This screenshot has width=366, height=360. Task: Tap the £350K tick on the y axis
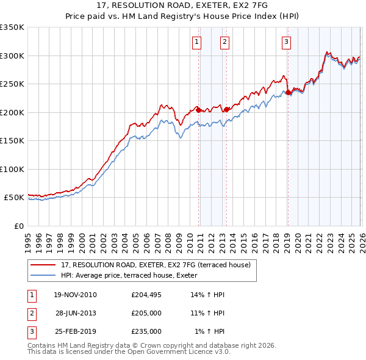(x=12, y=27)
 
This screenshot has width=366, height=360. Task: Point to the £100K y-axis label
(x=12, y=169)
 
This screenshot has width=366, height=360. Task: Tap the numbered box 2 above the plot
(x=225, y=42)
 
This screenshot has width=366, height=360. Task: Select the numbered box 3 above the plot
(x=287, y=42)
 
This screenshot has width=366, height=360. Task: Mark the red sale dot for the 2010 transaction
(x=198, y=110)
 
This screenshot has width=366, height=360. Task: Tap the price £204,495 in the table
(x=146, y=295)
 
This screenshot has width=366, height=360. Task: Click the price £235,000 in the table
(x=146, y=331)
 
